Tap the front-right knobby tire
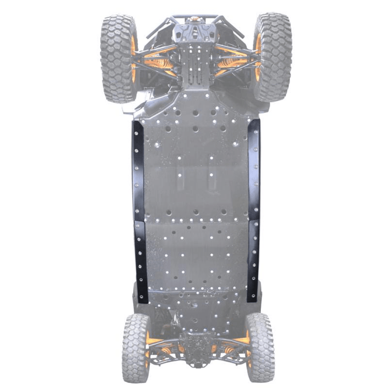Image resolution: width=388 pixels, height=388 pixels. (273, 57)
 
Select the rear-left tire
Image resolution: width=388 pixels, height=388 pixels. (135, 347)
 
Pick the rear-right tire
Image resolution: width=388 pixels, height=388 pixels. (260, 347)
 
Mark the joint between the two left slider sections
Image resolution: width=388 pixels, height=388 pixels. (139, 221)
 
